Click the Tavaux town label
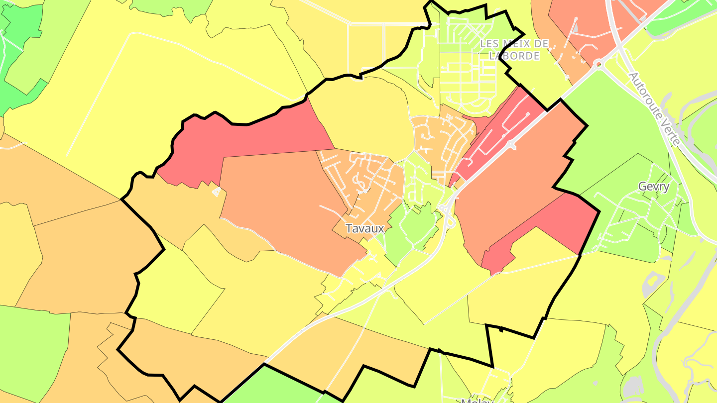[x=365, y=228]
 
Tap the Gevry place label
[x=654, y=187]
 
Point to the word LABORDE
[x=514, y=56]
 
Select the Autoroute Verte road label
[x=654, y=108]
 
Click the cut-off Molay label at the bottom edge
[x=477, y=400]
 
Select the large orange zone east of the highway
[x=513, y=174]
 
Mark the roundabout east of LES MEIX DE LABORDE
[x=598, y=64]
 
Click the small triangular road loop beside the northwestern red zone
[x=216, y=192]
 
